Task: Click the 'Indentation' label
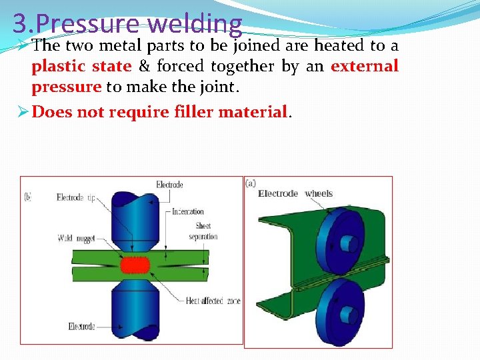[x=187, y=211]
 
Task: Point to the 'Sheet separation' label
[x=203, y=231]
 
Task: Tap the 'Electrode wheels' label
[x=295, y=193]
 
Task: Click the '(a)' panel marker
[x=251, y=183]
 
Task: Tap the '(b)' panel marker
[x=29, y=197]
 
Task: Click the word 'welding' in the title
[x=197, y=23]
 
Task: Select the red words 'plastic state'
[x=81, y=67]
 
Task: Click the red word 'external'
[x=364, y=67]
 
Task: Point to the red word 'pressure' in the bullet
[x=66, y=87]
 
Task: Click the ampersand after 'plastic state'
[x=143, y=67]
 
